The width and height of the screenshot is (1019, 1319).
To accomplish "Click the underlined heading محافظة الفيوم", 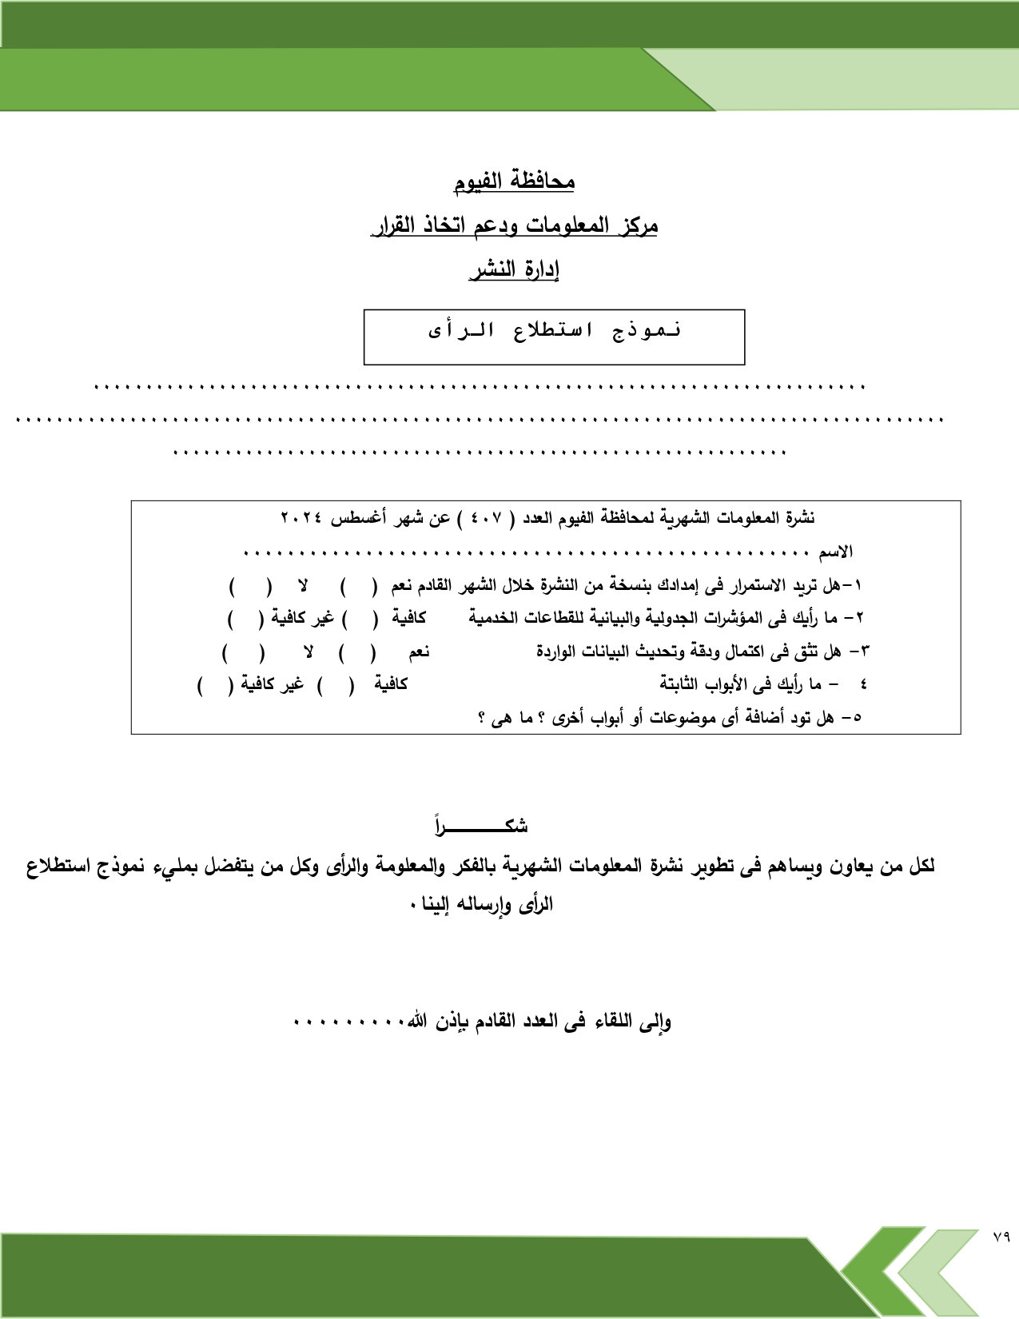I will pos(514,181).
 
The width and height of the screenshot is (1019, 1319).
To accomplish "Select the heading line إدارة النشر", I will pos(514,269).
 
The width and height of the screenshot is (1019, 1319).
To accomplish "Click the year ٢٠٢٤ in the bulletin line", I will pos(301,518).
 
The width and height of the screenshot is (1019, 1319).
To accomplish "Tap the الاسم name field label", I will pos(835,552).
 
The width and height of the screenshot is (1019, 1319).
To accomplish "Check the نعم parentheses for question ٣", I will pos(357,652).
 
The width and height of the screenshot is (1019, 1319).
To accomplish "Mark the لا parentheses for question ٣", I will pos(243,652).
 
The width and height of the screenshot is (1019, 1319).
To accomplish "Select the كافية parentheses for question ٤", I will pos(335,685).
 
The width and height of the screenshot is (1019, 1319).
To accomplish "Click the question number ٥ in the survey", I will pos(857,717).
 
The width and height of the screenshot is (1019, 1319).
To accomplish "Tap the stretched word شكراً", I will pos(481,826).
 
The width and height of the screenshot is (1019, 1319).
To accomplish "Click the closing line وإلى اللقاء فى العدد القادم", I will pos(540,1021).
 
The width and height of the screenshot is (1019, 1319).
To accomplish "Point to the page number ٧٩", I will pos(1001,1237).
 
